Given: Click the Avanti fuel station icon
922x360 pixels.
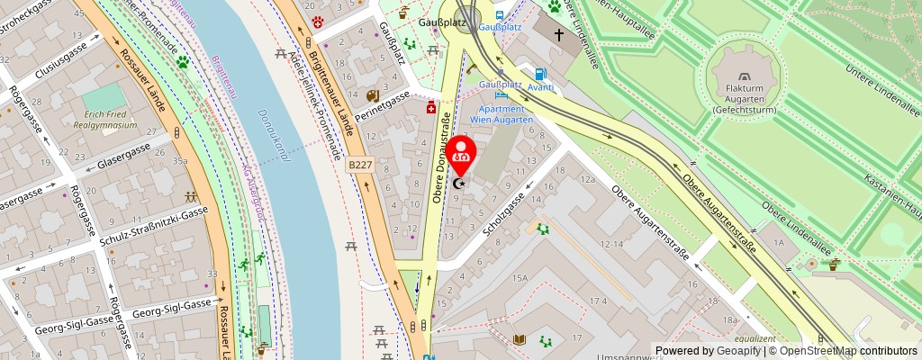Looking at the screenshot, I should click(540, 75).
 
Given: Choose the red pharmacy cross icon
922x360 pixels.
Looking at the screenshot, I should click(431, 107).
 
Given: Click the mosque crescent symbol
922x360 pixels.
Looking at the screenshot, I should click(460, 184).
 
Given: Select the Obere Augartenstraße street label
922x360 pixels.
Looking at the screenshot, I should click(650, 221).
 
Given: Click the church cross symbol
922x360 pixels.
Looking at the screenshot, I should click(558, 35).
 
